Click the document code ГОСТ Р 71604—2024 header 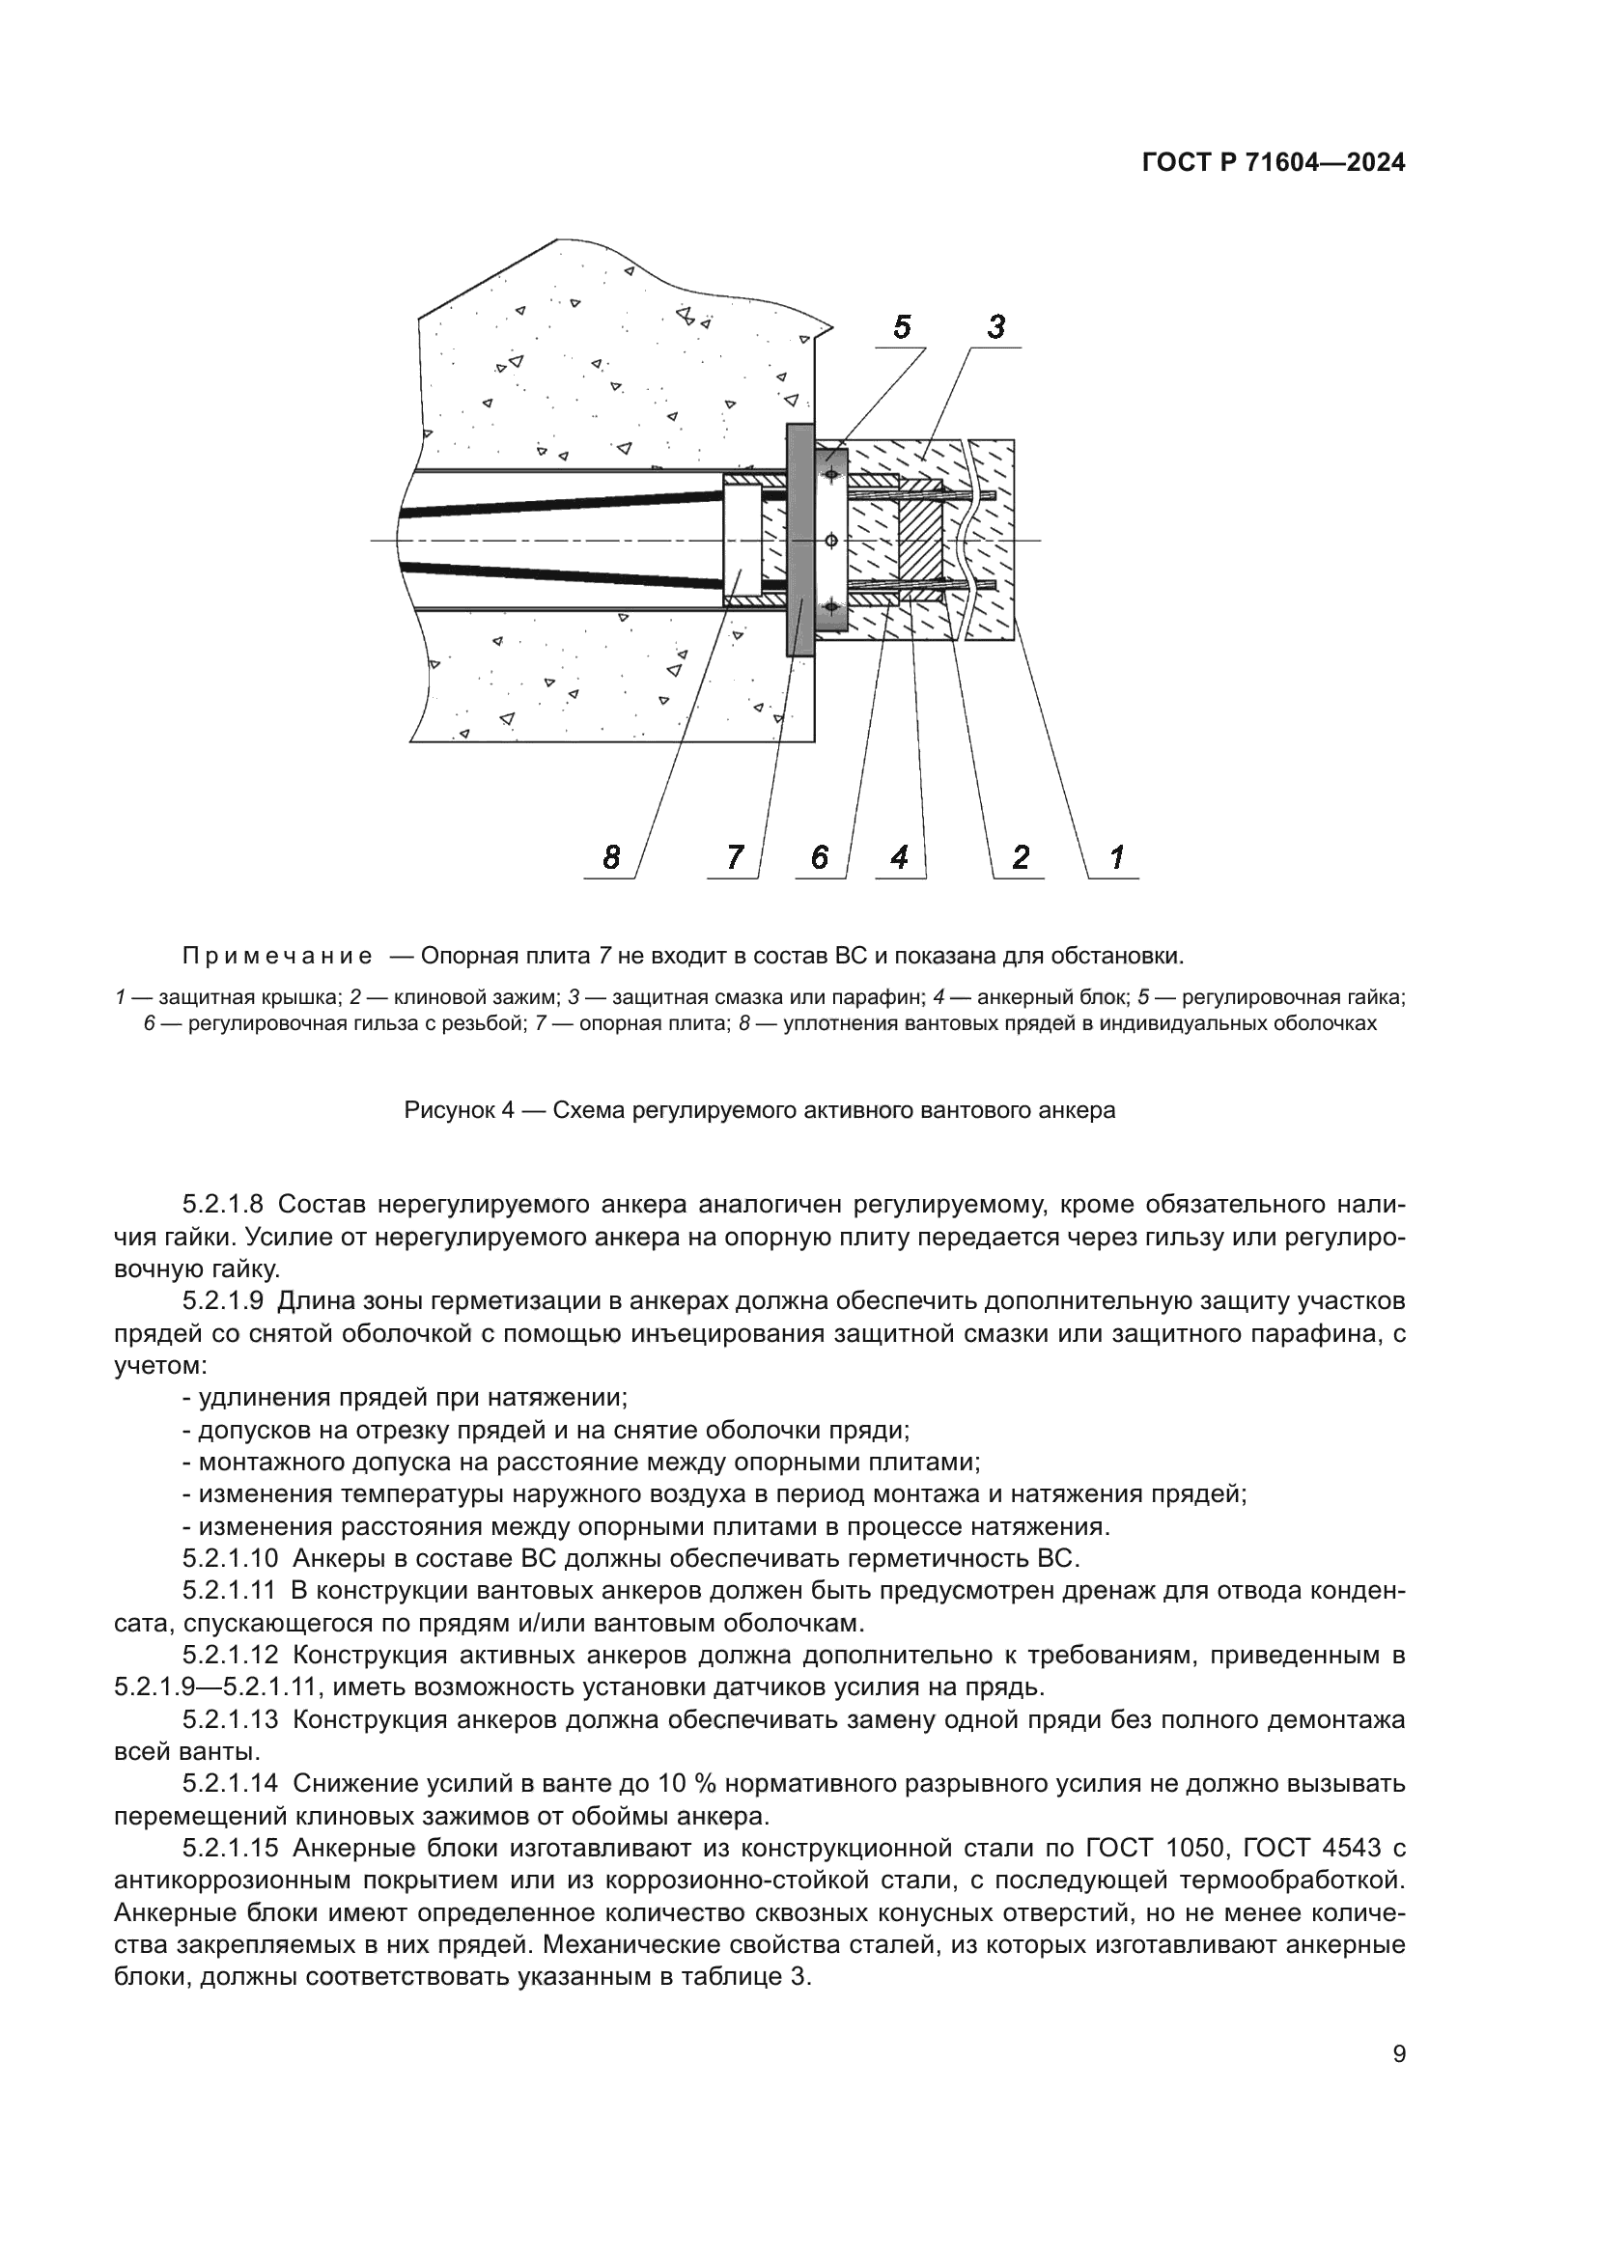1274,164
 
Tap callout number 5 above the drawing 902,326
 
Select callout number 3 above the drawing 996,326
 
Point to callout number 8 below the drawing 611,857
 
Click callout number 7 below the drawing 735,857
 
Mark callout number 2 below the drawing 1021,857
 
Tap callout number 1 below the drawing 1117,857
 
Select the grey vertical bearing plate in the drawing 799,540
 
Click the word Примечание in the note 277,956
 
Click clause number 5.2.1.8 222,1205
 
